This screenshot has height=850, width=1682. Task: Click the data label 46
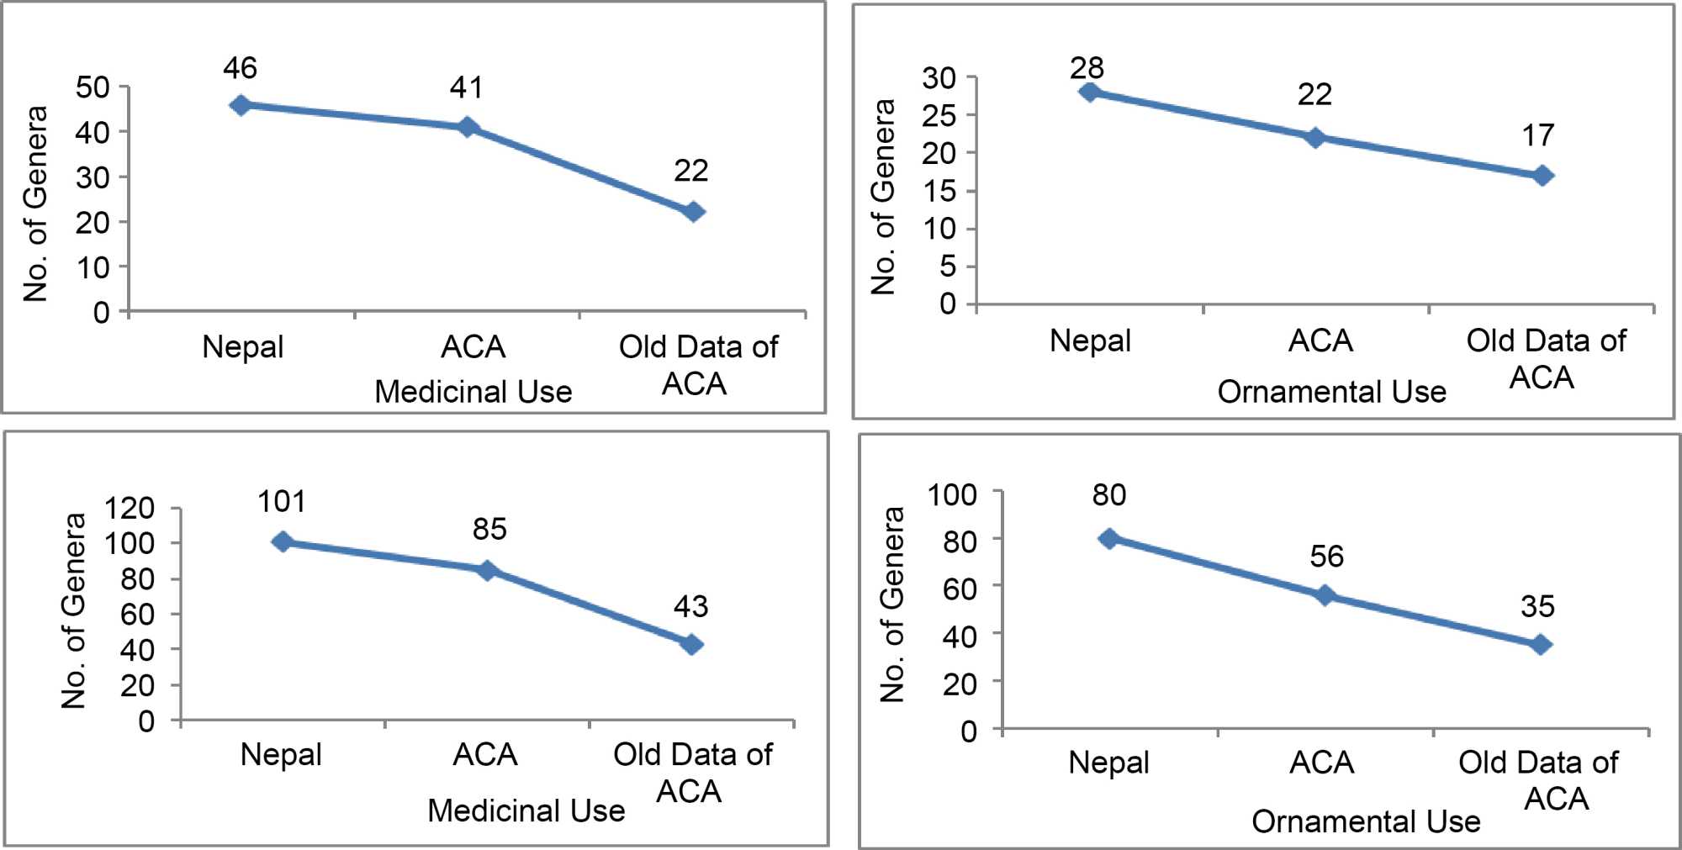tap(240, 68)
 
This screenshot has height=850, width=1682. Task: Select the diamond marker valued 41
tap(468, 127)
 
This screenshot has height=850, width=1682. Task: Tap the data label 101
tap(281, 502)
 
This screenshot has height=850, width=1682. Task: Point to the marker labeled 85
tap(487, 571)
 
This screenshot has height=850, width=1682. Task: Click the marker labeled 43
tap(691, 645)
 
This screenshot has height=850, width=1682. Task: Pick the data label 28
tap(1087, 68)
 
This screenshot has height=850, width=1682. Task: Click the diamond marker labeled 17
tap(1542, 176)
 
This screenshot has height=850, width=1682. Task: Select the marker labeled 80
tap(1109, 538)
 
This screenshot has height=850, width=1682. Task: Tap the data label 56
tap(1326, 557)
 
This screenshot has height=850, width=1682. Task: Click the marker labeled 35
tap(1541, 645)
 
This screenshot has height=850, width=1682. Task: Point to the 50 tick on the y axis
tap(93, 87)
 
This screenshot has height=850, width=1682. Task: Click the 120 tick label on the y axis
tap(130, 508)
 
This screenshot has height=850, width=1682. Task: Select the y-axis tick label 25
tap(939, 115)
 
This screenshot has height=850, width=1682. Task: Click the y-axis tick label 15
tap(939, 191)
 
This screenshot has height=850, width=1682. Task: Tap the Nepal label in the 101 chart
tap(281, 754)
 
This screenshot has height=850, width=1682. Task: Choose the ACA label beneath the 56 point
tap(1321, 763)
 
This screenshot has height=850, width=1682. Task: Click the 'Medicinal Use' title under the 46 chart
tap(473, 392)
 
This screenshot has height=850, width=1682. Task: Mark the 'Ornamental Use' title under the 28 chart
tap(1331, 392)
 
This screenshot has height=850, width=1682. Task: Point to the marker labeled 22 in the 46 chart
tap(693, 212)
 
